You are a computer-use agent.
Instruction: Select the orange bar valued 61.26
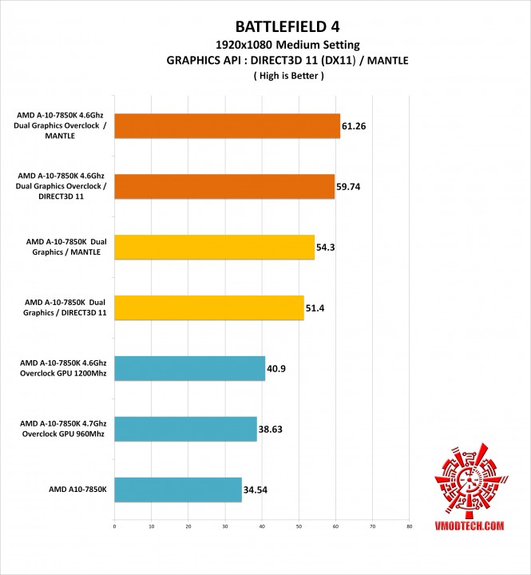coord(228,126)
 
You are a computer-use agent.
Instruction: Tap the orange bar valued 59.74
coord(224,187)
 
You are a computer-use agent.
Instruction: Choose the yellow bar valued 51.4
coord(209,308)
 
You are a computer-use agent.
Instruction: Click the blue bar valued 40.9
coord(190,369)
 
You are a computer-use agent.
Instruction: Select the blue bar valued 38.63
coord(185,430)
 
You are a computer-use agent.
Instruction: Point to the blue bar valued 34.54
coord(178,490)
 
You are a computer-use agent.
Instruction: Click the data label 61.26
coord(355,126)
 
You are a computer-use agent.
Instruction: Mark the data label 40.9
coord(278,369)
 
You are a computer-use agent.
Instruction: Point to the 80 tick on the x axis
coord(409,527)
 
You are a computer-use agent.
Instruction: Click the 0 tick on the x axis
coord(115,527)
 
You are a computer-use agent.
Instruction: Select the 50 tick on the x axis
coord(299,527)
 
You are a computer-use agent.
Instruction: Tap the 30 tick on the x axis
coord(225,527)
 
